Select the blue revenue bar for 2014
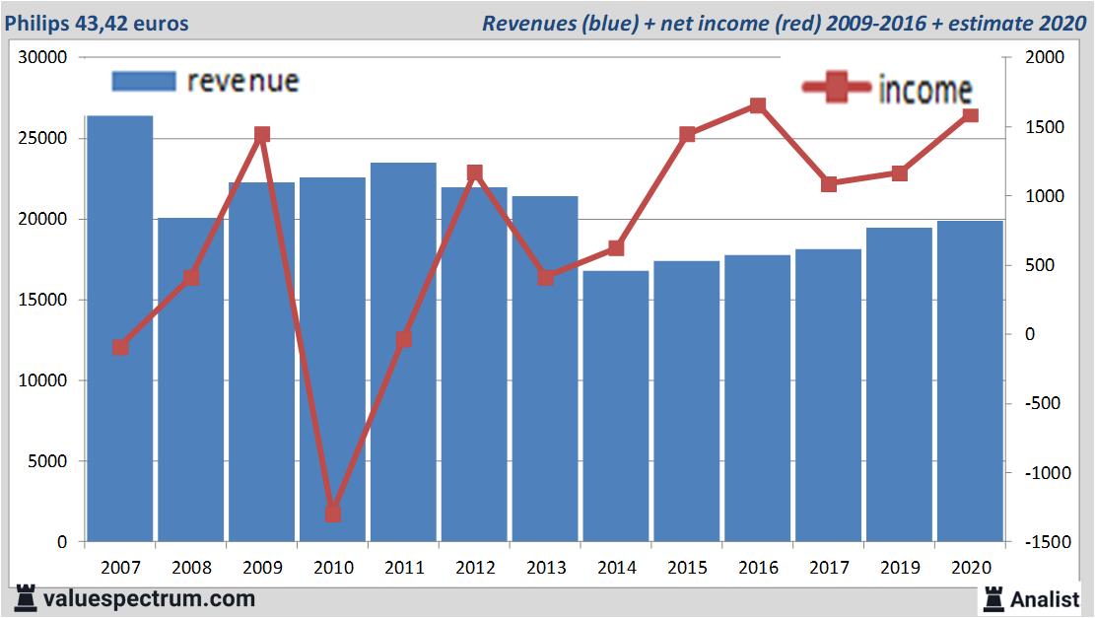coord(616,405)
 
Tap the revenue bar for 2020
coord(970,380)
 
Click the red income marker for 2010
coord(333,514)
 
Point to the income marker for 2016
coord(757,105)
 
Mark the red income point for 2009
coord(262,134)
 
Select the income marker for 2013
coord(545,278)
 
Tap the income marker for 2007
coord(120,347)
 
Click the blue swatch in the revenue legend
coord(143,81)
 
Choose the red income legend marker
coord(837,89)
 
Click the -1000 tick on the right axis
coord(1045,473)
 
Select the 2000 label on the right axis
coord(1046,58)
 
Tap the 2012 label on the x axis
coord(475,568)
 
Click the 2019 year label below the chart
coord(900,568)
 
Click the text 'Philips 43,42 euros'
coord(97,23)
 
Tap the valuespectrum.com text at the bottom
coord(149,598)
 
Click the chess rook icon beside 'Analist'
coord(992,597)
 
